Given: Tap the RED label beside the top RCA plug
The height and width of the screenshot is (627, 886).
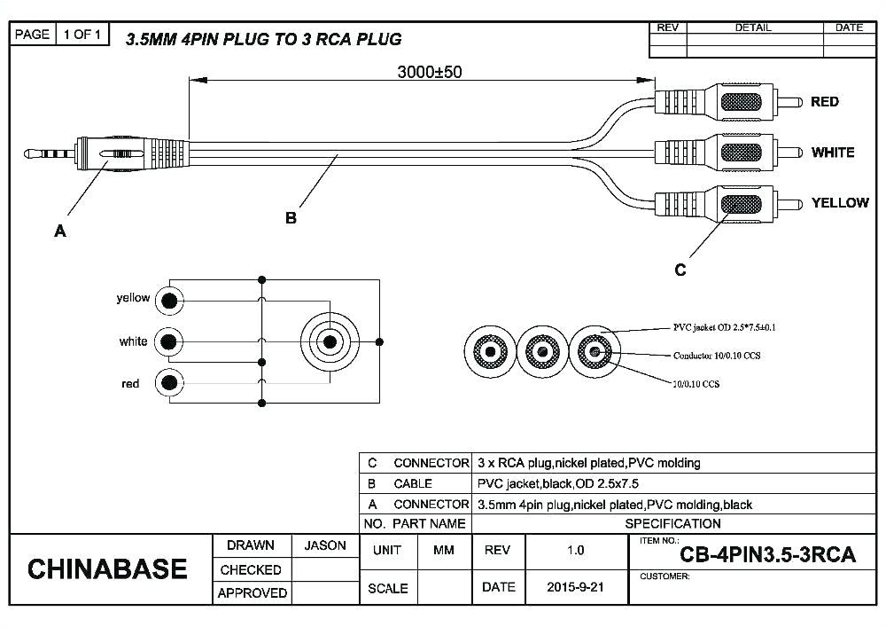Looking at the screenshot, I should pyautogui.click(x=824, y=102).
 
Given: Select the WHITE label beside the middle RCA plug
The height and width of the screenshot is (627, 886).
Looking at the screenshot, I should pyautogui.click(x=832, y=153).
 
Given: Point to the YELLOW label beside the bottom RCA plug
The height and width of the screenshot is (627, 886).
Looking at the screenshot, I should pyautogui.click(x=839, y=203).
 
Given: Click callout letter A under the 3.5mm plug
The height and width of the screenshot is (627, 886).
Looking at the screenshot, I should pyautogui.click(x=59, y=231).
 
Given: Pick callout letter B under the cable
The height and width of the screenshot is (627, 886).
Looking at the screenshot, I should pyautogui.click(x=291, y=218).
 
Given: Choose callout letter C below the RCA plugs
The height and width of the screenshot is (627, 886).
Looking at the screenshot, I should pyautogui.click(x=680, y=270).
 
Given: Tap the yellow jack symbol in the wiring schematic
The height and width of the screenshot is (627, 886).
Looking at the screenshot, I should pyautogui.click(x=168, y=302).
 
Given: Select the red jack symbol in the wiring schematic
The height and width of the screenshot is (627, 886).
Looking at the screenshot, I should pyautogui.click(x=168, y=383).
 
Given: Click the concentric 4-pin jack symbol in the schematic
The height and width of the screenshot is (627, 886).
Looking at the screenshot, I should pyautogui.click(x=330, y=341).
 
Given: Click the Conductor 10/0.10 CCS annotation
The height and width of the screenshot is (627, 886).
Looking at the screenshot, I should pyautogui.click(x=718, y=356).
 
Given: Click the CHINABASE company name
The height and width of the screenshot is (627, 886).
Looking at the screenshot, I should pyautogui.click(x=107, y=569).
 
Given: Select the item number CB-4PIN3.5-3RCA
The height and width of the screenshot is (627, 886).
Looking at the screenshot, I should pyautogui.click(x=767, y=555).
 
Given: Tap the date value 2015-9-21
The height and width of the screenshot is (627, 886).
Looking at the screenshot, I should pyautogui.click(x=575, y=587).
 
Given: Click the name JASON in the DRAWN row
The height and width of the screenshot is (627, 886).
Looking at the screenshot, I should pyautogui.click(x=325, y=546).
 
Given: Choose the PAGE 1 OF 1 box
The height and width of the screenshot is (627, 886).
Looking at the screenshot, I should pyautogui.click(x=60, y=35).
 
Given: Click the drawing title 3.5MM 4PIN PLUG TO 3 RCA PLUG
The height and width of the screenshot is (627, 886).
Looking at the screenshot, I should pyautogui.click(x=263, y=39).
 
